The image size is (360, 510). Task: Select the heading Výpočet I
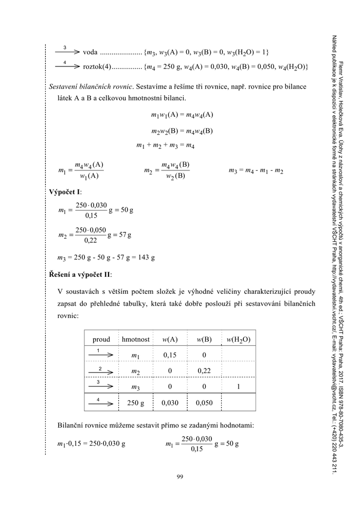tap(65, 192)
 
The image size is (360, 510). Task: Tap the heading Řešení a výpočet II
tap(79, 274)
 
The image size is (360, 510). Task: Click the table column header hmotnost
tap(136, 339)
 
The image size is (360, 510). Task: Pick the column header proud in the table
tap(101, 339)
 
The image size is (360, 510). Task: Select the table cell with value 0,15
tap(170, 355)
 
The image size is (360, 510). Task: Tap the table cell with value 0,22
tap(204, 371)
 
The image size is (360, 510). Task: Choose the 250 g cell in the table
tap(136, 403)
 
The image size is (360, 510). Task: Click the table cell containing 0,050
tap(204, 403)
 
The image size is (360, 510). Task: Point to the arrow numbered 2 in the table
tap(101, 371)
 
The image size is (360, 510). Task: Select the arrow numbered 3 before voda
tap(65, 51)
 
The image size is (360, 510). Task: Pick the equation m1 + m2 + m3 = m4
tap(166, 146)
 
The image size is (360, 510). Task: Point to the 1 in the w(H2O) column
tap(238, 387)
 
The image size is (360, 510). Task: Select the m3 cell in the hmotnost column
tap(136, 388)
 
